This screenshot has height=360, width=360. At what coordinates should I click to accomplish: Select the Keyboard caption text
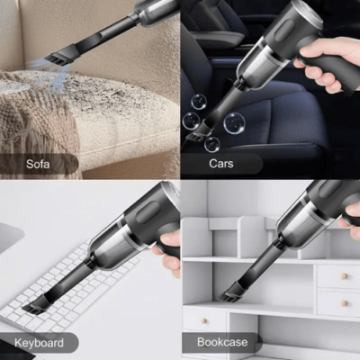[39, 343]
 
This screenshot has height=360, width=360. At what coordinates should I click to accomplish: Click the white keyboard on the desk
[72, 288]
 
